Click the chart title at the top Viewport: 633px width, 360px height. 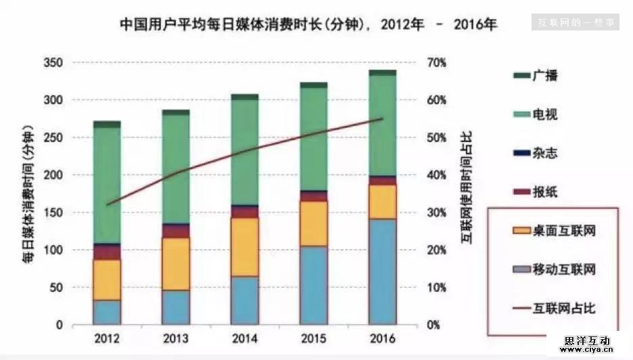308,25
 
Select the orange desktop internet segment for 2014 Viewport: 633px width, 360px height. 245,247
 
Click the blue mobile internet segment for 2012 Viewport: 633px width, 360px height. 107,312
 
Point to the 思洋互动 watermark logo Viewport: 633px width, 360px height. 587,344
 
